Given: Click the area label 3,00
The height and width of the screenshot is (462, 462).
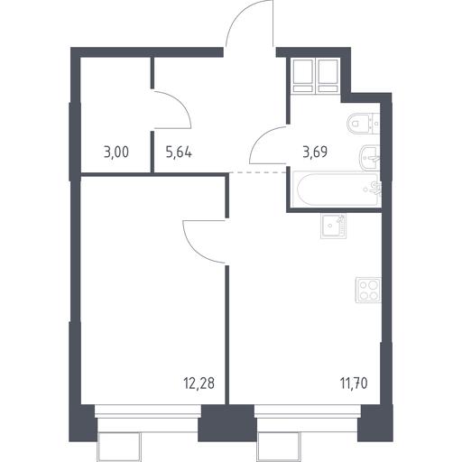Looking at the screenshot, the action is pos(116,152).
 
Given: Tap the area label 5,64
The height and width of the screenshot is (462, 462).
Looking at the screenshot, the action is pos(179,152).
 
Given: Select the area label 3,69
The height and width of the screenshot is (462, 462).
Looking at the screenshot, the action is pos(315,152).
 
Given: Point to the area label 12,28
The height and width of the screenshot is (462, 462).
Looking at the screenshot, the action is pos(199,383).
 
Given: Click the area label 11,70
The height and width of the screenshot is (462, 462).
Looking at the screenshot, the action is pos(354,383).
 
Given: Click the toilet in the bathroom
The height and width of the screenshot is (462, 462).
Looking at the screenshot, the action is pos(363,124).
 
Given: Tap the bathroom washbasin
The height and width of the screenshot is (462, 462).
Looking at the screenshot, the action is pos(370,158).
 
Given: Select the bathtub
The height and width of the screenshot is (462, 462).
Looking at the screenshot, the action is pos(337,189).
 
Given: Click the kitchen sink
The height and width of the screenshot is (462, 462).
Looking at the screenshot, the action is pos(333,226).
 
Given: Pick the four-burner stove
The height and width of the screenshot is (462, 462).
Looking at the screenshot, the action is pos(368,290).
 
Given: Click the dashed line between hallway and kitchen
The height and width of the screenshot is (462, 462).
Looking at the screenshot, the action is pos(257,172).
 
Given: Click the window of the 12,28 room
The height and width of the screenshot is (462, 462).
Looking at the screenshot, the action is pos(148,411).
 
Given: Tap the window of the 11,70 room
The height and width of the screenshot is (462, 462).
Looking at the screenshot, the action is pos(308,411).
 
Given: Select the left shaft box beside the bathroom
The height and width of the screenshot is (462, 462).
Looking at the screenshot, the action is pos(303,76).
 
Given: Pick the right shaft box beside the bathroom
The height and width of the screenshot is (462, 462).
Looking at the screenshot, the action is pos(328,76).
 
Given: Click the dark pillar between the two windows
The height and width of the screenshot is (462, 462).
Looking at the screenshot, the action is pos(227,423).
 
